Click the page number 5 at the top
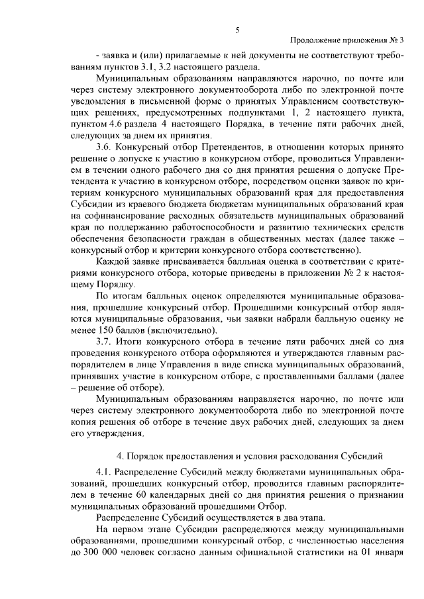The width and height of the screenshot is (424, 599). pos(237,30)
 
